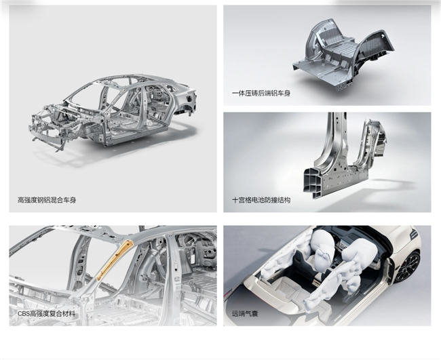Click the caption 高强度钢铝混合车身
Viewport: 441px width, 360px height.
(x=47, y=201)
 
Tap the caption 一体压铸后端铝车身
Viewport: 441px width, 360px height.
(x=261, y=94)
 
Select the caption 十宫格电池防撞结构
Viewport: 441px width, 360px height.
(x=261, y=200)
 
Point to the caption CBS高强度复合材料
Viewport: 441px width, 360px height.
(x=46, y=314)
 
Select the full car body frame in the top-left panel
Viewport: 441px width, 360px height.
(x=113, y=113)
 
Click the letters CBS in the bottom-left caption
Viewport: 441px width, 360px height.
(x=24, y=314)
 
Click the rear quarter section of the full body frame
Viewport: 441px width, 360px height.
(x=183, y=98)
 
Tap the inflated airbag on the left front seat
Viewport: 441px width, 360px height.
(x=322, y=250)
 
